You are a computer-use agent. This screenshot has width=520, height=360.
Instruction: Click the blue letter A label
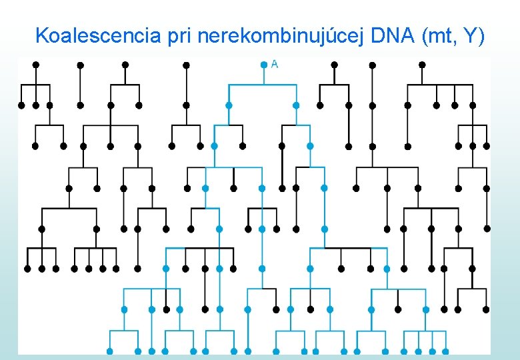click(x=275, y=64)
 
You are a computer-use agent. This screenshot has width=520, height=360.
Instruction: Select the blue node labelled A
click(x=264, y=65)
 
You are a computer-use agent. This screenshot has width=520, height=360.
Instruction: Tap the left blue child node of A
click(x=229, y=105)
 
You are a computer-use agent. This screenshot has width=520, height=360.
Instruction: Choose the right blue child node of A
click(x=296, y=105)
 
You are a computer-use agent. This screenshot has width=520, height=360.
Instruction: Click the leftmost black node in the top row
click(x=35, y=65)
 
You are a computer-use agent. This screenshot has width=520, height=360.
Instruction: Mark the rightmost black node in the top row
click(x=422, y=65)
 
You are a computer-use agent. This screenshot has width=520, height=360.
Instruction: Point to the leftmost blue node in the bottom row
click(x=109, y=351)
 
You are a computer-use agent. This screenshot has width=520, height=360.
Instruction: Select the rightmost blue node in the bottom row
click(x=446, y=351)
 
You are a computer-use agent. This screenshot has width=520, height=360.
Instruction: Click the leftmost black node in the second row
click(x=21, y=105)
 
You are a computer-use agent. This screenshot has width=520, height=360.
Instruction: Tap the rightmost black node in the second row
click(x=473, y=105)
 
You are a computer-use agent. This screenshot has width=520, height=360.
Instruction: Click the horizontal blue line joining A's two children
click(x=263, y=85)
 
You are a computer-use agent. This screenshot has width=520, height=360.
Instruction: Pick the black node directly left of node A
click(x=187, y=65)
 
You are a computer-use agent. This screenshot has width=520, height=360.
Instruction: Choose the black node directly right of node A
click(x=334, y=65)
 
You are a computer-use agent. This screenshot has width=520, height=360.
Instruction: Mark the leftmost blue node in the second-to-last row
click(x=124, y=309)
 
